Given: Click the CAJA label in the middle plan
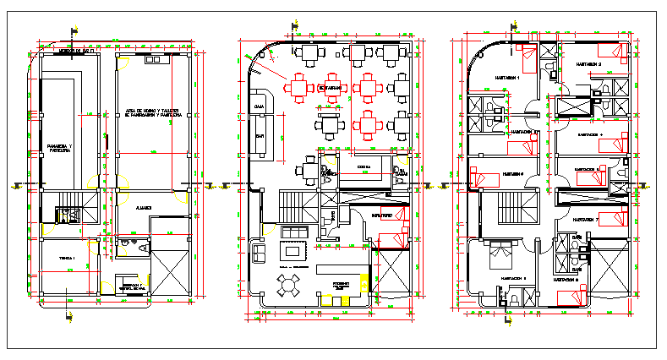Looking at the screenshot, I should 259,106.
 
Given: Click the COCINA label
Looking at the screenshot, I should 364,167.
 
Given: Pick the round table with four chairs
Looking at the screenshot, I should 288,286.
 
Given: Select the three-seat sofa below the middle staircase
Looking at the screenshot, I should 295,232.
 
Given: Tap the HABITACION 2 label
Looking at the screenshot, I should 588,64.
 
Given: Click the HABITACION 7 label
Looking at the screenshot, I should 585,220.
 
